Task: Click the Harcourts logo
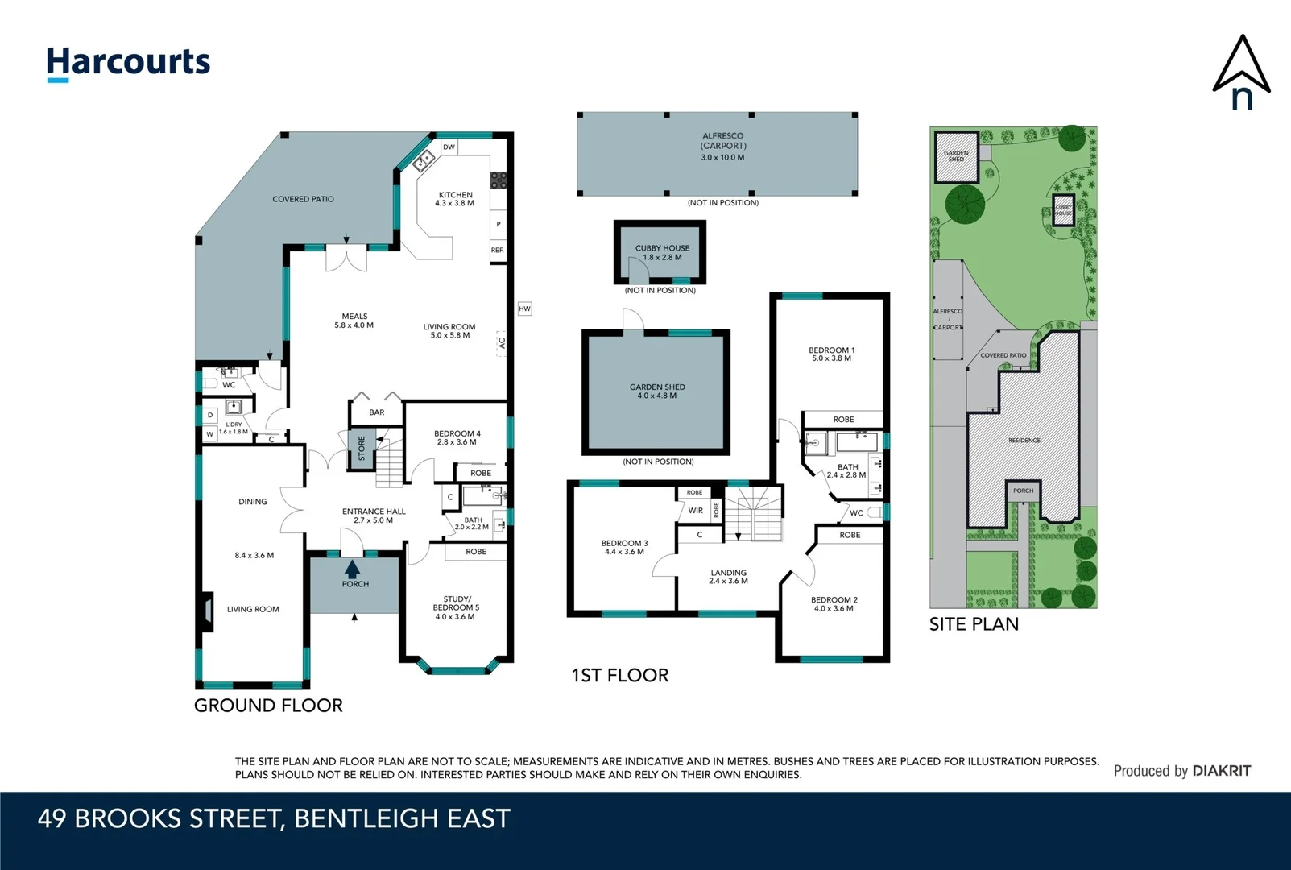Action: click(x=128, y=63)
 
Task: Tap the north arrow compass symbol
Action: click(x=1241, y=73)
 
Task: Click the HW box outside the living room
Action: click(x=524, y=309)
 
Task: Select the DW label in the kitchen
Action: click(x=449, y=147)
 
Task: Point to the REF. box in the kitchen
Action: click(x=498, y=250)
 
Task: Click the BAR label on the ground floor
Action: click(x=377, y=412)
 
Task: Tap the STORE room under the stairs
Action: click(x=361, y=448)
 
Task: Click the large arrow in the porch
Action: click(x=353, y=569)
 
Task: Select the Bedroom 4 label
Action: click(x=457, y=433)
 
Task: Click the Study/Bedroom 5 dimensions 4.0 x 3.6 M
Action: click(x=455, y=617)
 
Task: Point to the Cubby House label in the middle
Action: click(x=662, y=248)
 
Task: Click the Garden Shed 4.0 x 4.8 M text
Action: click(x=657, y=396)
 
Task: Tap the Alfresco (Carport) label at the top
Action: click(x=723, y=141)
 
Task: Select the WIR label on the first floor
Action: click(x=696, y=511)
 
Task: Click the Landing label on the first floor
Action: click(x=728, y=573)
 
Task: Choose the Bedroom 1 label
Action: click(x=832, y=350)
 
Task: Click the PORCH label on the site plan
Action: click(x=1023, y=491)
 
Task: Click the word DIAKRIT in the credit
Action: click(x=1222, y=771)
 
